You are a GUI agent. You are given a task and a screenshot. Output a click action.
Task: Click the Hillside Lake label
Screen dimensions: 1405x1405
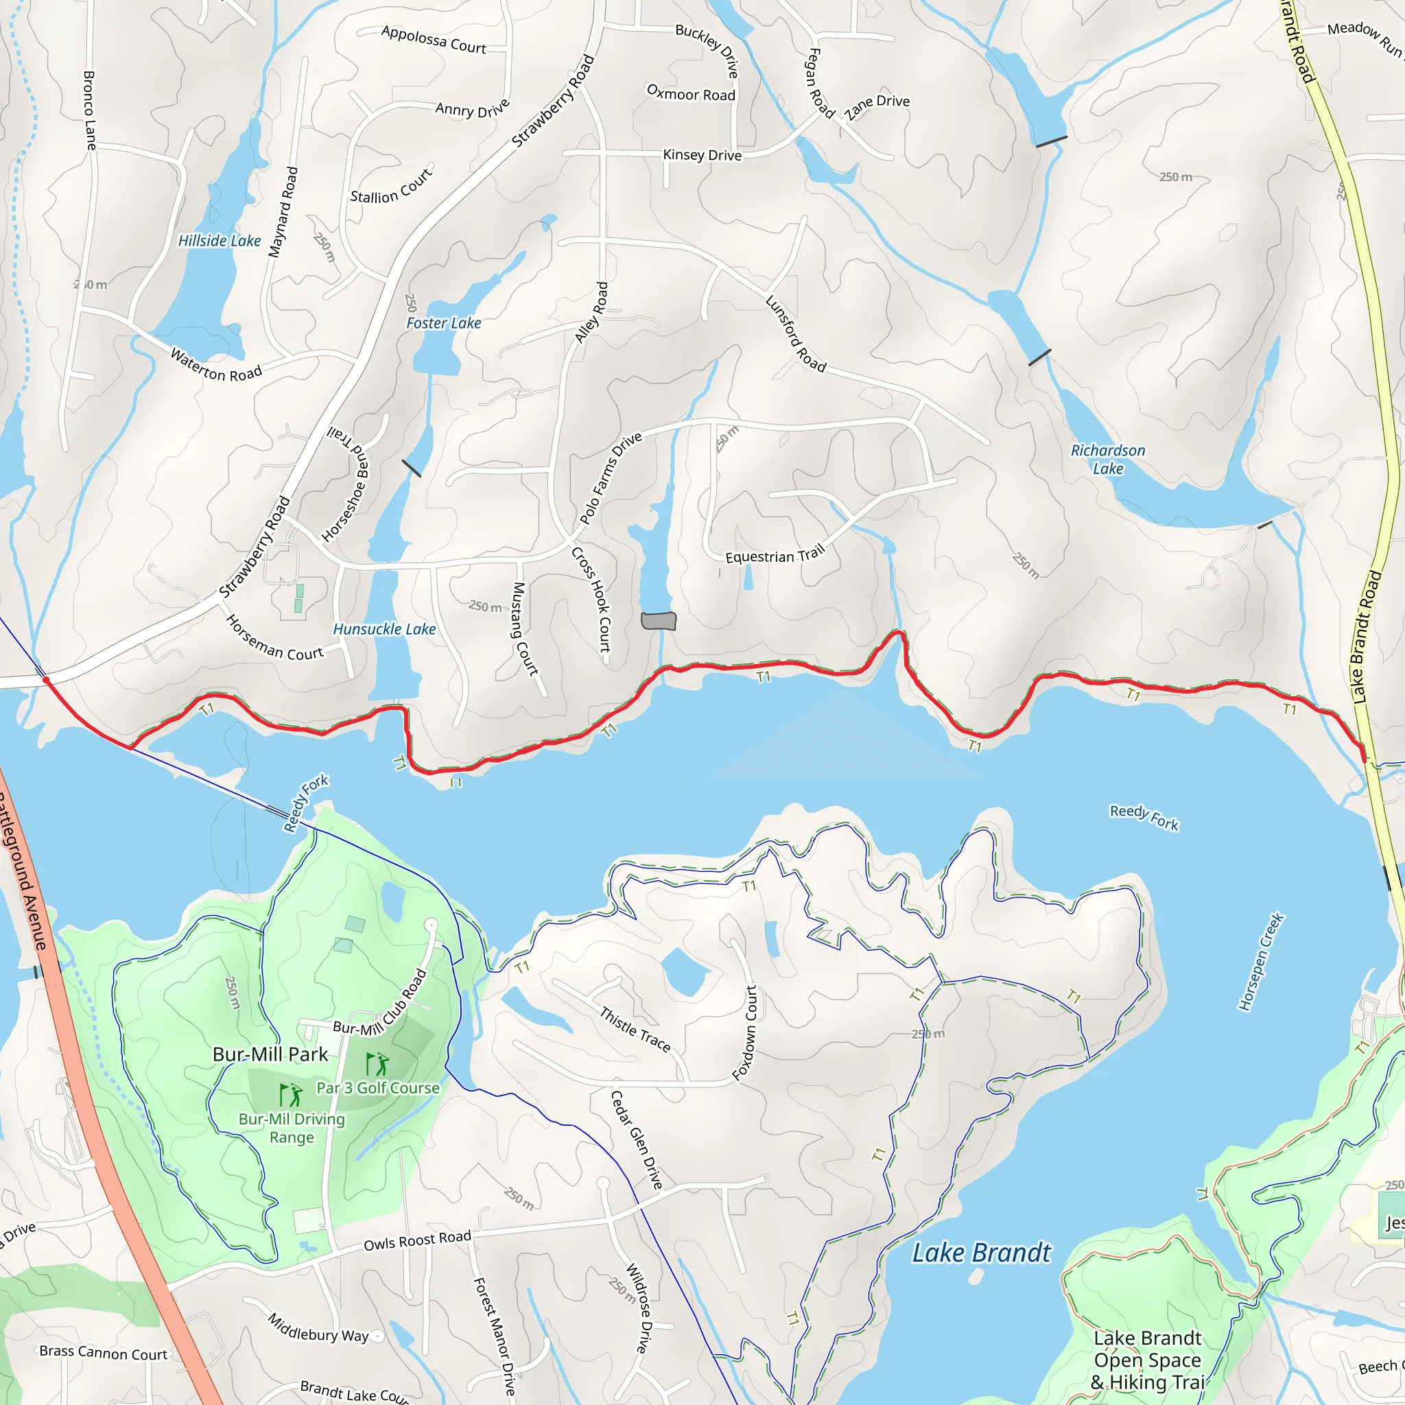219,241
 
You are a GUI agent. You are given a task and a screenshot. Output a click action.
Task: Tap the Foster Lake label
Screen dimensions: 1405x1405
443,323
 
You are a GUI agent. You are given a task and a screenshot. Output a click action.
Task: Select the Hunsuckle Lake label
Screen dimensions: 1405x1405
384,629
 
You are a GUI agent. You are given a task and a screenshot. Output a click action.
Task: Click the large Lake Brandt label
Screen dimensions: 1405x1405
981,1252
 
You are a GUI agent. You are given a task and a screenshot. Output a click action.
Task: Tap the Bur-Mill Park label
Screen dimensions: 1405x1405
270,1054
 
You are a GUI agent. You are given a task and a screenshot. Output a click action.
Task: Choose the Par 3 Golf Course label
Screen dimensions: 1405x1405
378,1088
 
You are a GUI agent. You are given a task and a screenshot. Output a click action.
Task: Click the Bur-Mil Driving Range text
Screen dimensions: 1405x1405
292,1128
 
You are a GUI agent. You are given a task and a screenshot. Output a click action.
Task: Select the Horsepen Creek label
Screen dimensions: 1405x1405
1261,961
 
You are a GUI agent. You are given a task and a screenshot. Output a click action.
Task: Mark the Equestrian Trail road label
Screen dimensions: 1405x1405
775,555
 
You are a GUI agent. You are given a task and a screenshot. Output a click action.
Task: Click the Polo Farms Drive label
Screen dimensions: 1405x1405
610,477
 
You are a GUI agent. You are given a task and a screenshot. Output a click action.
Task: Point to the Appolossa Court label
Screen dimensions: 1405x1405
434,39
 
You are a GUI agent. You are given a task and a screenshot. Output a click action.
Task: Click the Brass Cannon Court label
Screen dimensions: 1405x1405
104,1353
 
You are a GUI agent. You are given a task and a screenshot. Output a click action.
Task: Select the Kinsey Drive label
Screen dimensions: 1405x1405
702,155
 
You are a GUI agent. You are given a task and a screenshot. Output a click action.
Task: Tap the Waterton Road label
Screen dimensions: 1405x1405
215,365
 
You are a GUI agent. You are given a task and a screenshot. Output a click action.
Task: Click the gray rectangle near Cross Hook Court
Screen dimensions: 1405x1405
659,620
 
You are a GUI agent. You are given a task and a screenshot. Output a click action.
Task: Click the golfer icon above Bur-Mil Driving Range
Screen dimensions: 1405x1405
291,1094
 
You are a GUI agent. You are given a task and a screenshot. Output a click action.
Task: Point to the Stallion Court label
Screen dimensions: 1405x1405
391,187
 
